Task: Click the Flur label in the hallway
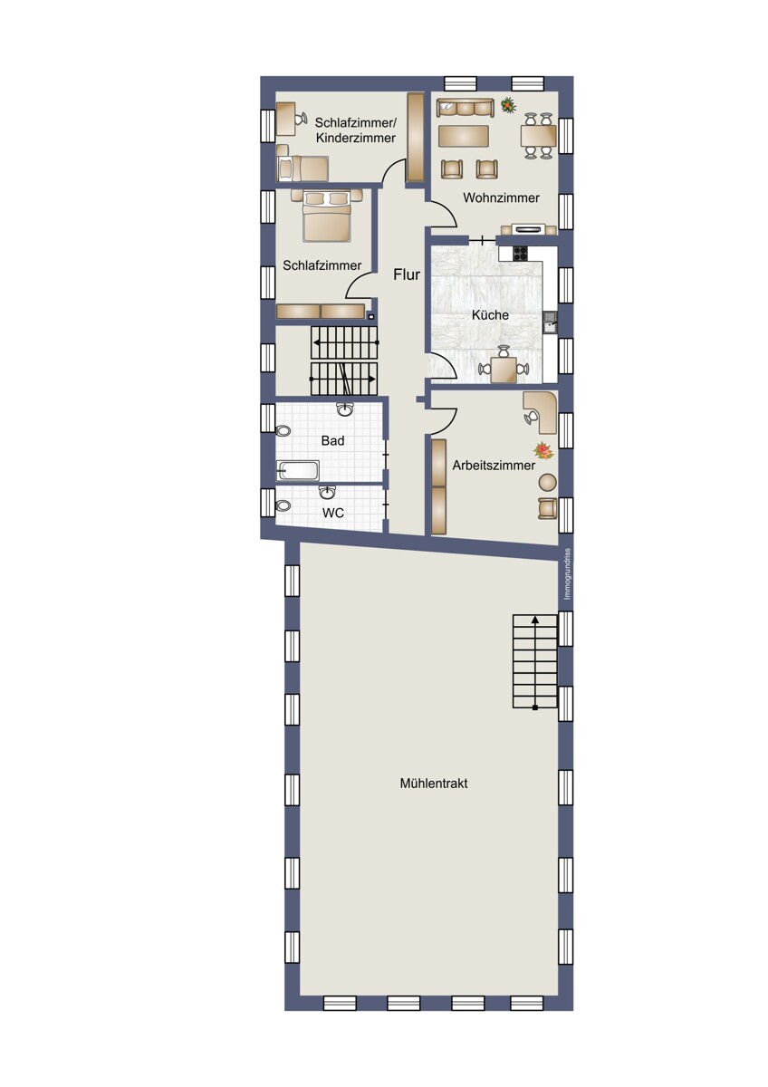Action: point(406,274)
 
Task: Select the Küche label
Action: point(490,315)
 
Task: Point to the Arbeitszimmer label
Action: point(494,466)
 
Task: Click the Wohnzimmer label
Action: point(501,197)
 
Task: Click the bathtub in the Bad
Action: point(298,470)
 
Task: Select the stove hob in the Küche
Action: point(521,254)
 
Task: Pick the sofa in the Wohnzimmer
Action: point(465,107)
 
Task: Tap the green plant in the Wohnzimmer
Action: point(508,104)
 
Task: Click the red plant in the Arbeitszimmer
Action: point(543,451)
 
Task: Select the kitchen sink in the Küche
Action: point(550,322)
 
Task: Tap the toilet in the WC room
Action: point(283,506)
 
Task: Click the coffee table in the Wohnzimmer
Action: point(463,136)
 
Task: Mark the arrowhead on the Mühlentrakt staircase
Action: point(534,619)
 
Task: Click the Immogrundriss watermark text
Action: point(567,574)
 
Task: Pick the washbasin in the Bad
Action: point(345,409)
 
